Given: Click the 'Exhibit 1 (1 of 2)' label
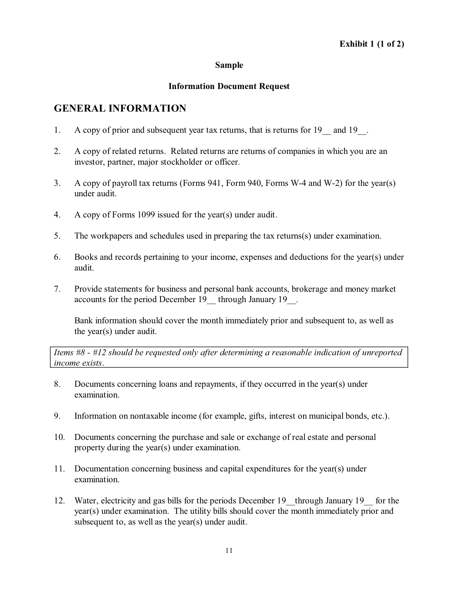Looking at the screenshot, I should (372, 44).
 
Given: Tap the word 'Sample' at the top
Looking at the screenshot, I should (229, 65).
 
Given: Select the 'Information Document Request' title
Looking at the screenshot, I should (229, 86).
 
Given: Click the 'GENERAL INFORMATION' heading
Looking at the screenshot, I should (120, 108).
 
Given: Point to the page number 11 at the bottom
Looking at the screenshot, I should (229, 551).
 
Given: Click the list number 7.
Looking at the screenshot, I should (57, 289).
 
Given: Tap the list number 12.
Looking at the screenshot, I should (59, 501).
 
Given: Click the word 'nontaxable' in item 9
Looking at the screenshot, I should (149, 416).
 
